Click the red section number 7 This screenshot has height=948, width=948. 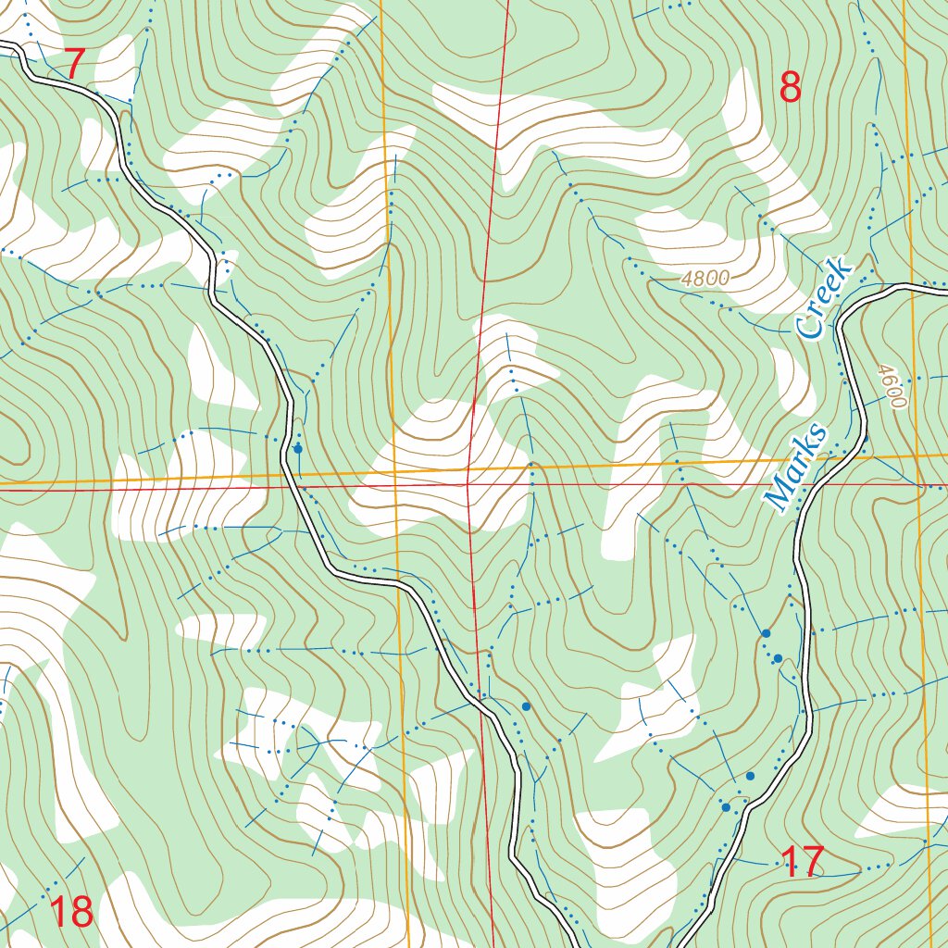coord(74,63)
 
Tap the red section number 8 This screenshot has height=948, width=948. coord(790,88)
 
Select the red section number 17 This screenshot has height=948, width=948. coord(803,863)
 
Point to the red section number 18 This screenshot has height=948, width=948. coord(70,912)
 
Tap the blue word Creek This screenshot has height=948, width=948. coord(823,298)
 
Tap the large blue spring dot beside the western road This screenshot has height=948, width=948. coord(297,449)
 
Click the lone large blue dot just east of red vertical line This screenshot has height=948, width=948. coord(526,706)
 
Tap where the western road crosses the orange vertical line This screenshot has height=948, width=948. coord(399,583)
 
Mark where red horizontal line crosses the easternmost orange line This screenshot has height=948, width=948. coord(917,483)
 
